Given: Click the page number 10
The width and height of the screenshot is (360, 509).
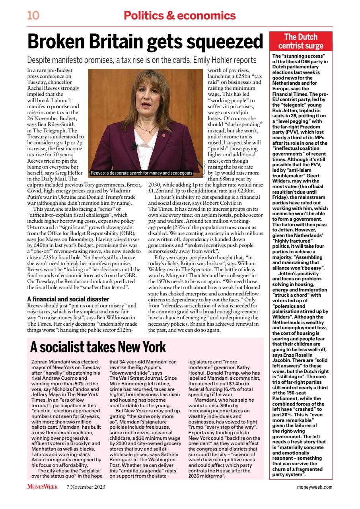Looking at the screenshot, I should click(33, 16).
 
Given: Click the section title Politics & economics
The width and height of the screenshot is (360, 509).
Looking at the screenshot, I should click(179, 16).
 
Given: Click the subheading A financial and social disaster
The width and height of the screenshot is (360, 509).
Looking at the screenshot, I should click(68, 299).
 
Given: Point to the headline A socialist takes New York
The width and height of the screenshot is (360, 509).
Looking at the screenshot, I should click(98, 347).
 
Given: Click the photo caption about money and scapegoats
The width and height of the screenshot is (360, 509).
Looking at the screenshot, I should click(141, 173).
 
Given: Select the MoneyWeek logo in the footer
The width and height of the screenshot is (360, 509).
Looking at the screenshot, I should click(43, 486).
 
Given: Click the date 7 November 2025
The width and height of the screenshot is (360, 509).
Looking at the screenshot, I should click(86, 487).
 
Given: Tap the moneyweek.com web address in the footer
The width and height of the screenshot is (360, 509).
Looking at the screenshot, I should click(315, 487).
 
